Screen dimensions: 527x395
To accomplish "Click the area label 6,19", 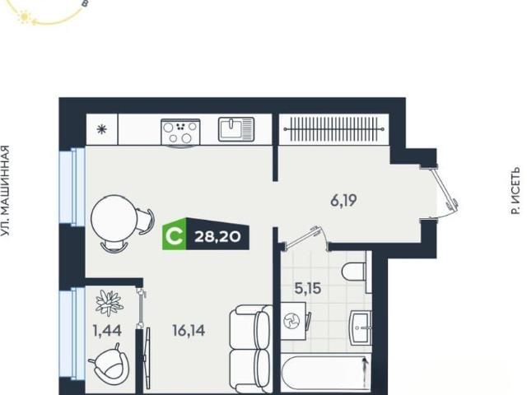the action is pos(343,201).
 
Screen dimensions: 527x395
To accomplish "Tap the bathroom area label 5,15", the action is pos(308,288).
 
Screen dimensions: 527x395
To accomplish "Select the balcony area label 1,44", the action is pos(107,331).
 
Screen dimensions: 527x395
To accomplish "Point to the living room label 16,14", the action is pos(189,331).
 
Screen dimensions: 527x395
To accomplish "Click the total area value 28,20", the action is pos(217,237).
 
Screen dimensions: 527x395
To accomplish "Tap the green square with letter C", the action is pos(174,234).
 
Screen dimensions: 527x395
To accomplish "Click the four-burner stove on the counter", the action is pos(180,132).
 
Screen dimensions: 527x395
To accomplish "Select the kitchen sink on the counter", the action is pos(236,129).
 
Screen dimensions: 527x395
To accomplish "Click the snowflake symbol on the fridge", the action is pos(101,129).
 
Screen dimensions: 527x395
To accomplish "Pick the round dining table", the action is pos(114,217).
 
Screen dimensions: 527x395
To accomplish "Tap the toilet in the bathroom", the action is pos(354,272).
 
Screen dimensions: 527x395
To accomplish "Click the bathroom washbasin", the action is pos(361,328).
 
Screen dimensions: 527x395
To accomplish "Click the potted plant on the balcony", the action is pos(109,303).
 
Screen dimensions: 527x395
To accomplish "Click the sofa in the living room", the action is pos(250,349).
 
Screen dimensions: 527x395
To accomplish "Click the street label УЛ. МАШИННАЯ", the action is pos(5,190).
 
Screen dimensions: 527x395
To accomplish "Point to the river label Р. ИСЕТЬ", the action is pos(515,190).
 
